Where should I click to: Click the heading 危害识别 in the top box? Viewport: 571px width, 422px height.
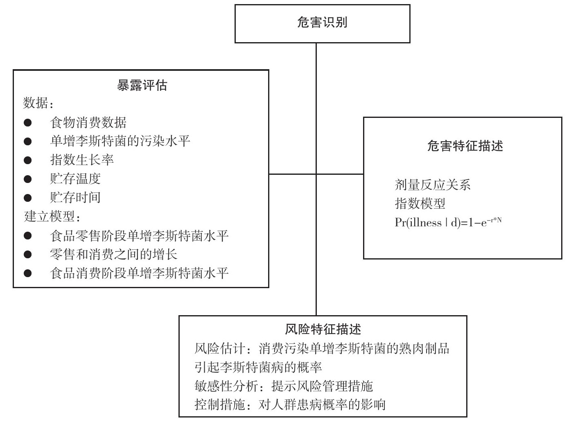322,23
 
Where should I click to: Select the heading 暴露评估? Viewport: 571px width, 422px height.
142,85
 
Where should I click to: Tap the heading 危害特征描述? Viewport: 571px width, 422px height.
465,146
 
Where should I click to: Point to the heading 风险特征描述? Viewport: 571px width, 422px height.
323,329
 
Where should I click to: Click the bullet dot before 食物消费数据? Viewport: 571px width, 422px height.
27,122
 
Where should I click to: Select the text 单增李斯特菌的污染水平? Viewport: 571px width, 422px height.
120,141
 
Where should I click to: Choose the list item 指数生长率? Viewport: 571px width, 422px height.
82,160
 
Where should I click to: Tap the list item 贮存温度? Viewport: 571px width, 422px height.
75,179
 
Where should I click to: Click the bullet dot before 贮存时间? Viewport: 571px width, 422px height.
27,198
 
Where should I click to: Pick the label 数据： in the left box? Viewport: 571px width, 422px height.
38,103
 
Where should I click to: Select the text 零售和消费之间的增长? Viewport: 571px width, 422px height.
113,254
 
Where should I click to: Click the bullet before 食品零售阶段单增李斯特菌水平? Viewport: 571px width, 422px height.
27,236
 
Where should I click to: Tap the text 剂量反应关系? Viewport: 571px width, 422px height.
433,185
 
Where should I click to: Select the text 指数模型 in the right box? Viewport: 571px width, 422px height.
420,204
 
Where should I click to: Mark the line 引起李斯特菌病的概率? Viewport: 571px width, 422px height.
258,368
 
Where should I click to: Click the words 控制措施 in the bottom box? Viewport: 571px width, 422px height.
219,405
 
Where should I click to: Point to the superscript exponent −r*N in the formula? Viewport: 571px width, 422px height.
494,220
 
